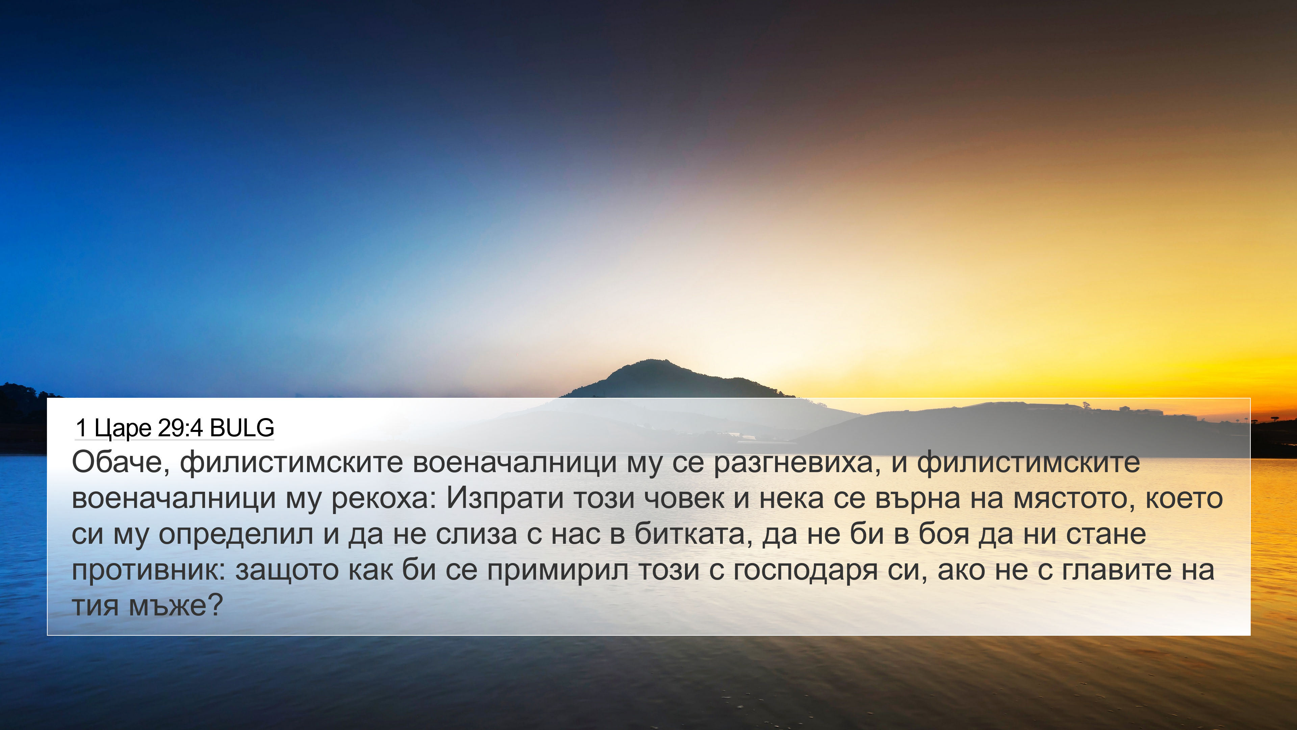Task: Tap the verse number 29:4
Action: (180, 428)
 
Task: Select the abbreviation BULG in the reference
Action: (242, 428)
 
